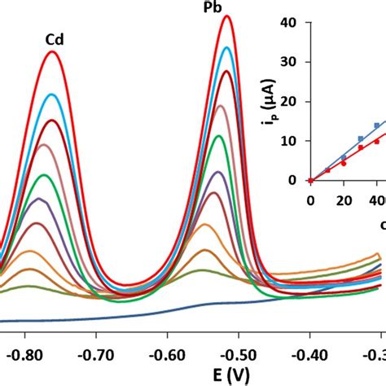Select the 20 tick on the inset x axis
pyautogui.click(x=343, y=200)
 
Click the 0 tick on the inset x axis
pyautogui.click(x=310, y=200)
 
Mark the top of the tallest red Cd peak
pyautogui.click(x=53, y=52)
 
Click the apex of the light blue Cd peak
pyautogui.click(x=52, y=94)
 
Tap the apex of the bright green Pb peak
pyautogui.click(x=219, y=136)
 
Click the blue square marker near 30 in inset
pyautogui.click(x=360, y=139)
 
